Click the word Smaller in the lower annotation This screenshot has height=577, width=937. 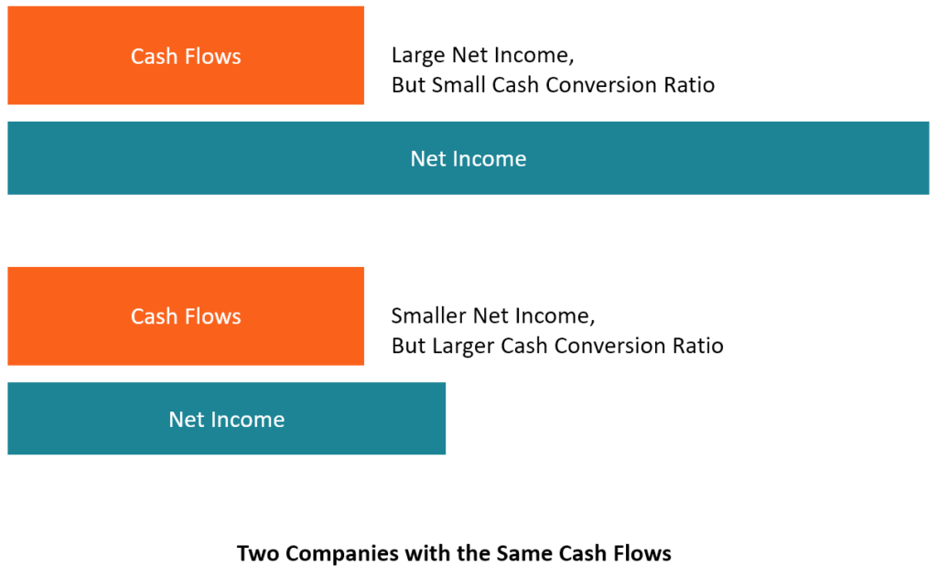pyautogui.click(x=429, y=316)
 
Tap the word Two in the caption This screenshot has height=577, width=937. pyautogui.click(x=254, y=553)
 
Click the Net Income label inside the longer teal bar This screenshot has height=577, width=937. pyautogui.click(x=468, y=158)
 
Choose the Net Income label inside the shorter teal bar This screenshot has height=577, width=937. pyautogui.click(x=226, y=420)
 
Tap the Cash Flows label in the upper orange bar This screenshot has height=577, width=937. pyautogui.click(x=186, y=57)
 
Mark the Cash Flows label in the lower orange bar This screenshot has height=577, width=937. pyautogui.click(x=186, y=316)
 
